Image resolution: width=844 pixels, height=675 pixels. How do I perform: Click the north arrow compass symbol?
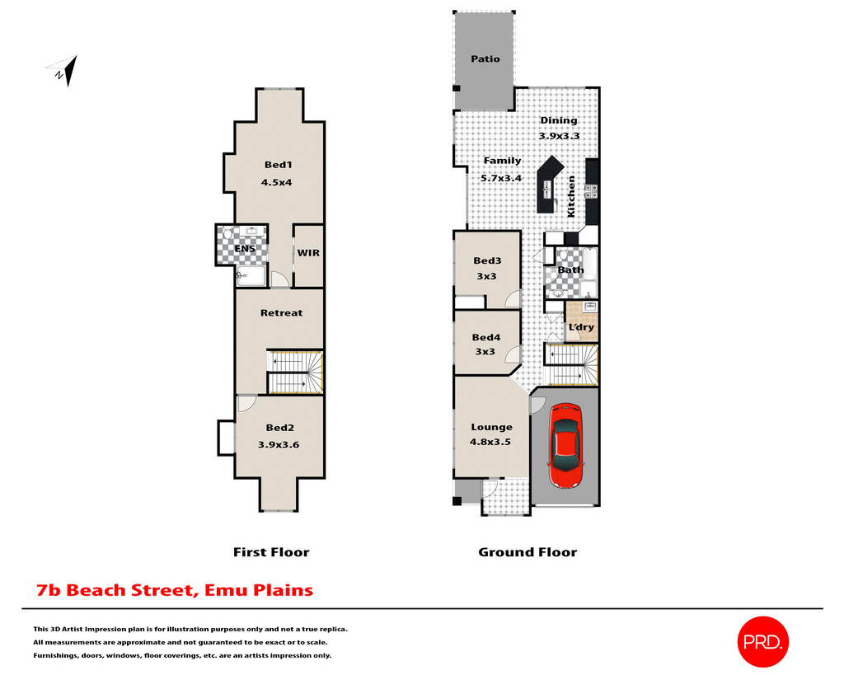point(65,72)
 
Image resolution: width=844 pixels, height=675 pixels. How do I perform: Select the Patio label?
point(485,59)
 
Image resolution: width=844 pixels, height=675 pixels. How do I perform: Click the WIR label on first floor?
point(308,253)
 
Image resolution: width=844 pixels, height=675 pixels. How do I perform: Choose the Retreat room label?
point(281,313)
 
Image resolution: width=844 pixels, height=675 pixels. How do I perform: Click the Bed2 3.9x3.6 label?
point(279,436)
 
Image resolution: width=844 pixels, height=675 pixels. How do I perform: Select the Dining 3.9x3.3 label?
point(559,128)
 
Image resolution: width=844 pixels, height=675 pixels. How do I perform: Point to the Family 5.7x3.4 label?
point(502,168)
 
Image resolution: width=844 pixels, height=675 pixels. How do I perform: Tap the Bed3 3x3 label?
point(486,269)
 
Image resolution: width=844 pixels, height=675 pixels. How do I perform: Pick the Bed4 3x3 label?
point(485,344)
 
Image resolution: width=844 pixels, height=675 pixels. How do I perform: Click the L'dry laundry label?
point(581,327)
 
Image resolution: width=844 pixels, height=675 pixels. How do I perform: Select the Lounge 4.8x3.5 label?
point(491,434)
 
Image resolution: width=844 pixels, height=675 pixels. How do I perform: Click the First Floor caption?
point(271,552)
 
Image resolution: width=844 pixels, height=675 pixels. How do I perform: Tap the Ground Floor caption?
point(527,552)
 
